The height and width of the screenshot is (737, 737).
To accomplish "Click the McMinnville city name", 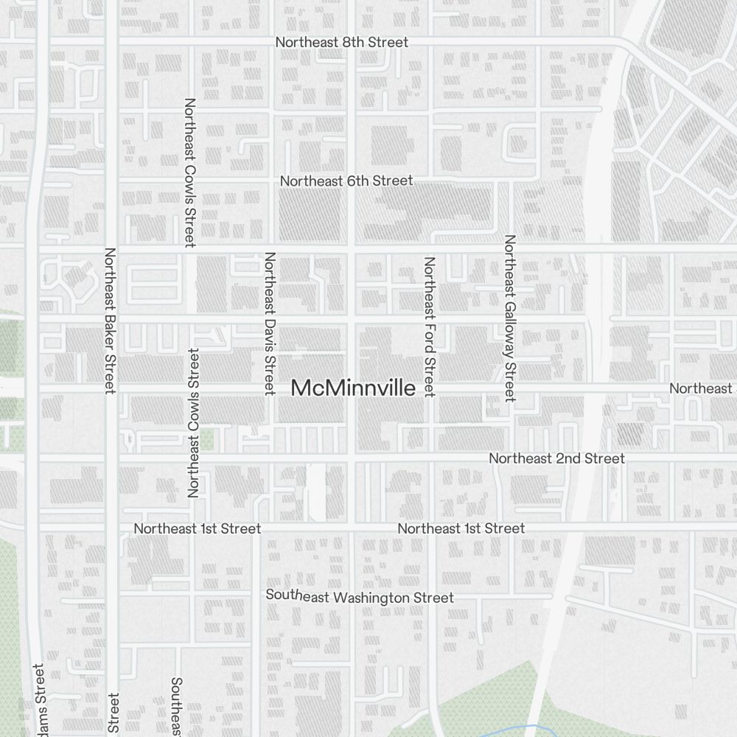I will click(x=353, y=388).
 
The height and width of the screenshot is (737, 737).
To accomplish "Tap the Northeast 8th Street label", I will click(x=341, y=42).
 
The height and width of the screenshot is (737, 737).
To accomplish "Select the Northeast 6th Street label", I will click(x=346, y=181).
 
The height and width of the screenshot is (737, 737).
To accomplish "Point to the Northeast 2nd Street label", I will click(x=556, y=458).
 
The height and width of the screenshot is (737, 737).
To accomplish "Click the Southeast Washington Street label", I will click(x=360, y=596).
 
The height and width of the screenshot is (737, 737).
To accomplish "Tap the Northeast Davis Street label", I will click(x=270, y=323).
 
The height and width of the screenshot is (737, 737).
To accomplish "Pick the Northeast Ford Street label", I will click(x=430, y=326).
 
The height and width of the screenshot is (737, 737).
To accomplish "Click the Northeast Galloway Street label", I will click(x=509, y=318).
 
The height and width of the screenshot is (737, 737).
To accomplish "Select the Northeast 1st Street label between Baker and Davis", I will click(x=198, y=528).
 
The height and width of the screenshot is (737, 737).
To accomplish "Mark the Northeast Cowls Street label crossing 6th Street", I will click(x=189, y=172).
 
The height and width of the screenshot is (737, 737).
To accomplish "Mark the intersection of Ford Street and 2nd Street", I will click(x=430, y=458).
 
